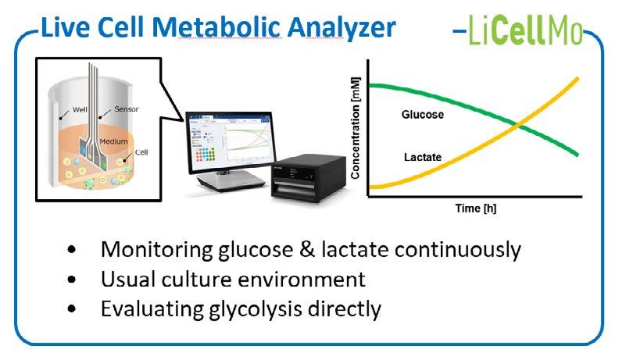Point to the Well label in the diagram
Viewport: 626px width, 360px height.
tap(81, 110)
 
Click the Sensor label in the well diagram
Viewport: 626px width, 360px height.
tap(127, 110)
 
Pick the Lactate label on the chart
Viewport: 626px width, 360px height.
tap(423, 158)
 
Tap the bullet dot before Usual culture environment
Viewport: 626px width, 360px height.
tap(73, 280)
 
